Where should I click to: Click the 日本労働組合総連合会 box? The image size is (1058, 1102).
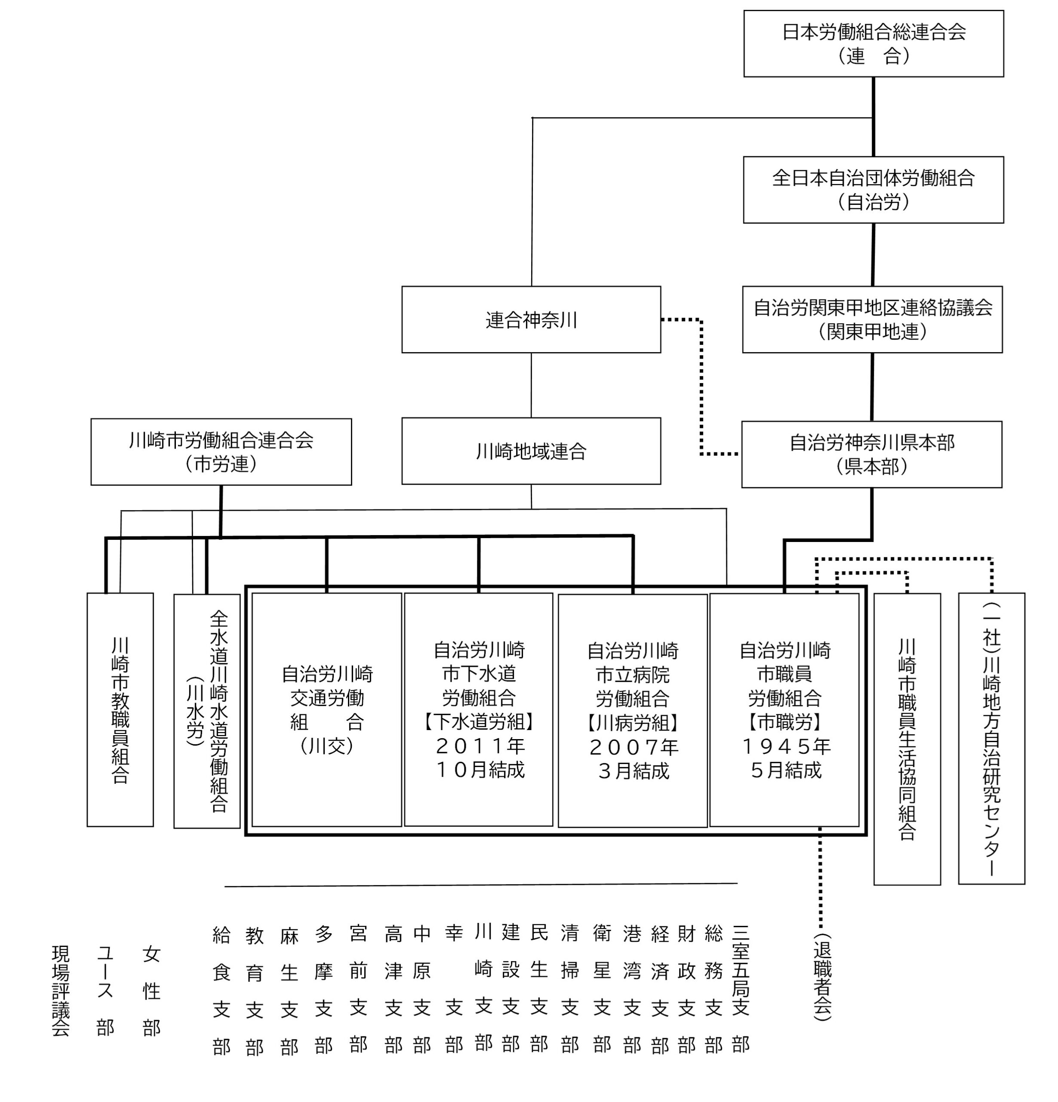point(873,43)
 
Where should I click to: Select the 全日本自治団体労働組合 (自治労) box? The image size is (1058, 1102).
point(873,189)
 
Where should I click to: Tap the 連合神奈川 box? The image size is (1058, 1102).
point(531,319)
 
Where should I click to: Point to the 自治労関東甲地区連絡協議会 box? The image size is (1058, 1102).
point(872,319)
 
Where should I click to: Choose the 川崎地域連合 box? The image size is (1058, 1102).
point(531,451)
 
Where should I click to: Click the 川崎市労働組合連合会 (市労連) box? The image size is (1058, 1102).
point(221,452)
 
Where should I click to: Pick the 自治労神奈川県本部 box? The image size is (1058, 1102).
point(871,454)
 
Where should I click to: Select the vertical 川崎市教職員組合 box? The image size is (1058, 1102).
point(120,709)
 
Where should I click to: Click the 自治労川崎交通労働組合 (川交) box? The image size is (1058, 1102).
point(326,709)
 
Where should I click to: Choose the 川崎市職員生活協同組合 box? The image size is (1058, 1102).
point(907,739)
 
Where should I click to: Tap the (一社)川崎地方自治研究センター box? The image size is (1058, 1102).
point(991,739)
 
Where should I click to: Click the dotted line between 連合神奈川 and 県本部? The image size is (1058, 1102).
point(701,388)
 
